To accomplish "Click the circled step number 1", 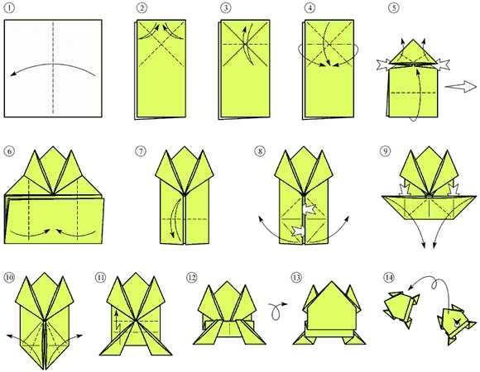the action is [9, 8].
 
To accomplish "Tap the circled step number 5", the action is [394, 8].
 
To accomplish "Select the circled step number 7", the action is [140, 151].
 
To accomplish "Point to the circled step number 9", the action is [385, 150].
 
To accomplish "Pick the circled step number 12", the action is [192, 278].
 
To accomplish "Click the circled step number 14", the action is [388, 278].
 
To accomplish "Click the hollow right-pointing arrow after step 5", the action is [460, 87].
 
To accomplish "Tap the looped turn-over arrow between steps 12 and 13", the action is [277, 310].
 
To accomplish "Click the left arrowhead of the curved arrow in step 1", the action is [12, 74].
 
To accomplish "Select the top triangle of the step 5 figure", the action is [413, 52].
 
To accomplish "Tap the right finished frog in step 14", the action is [456, 324].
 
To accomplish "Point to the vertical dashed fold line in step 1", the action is [53, 68].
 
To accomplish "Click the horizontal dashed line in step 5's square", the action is [413, 93].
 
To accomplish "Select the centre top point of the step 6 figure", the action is [53, 146].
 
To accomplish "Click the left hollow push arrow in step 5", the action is [383, 65].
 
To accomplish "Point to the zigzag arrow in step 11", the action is [117, 325].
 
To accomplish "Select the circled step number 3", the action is [225, 8].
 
